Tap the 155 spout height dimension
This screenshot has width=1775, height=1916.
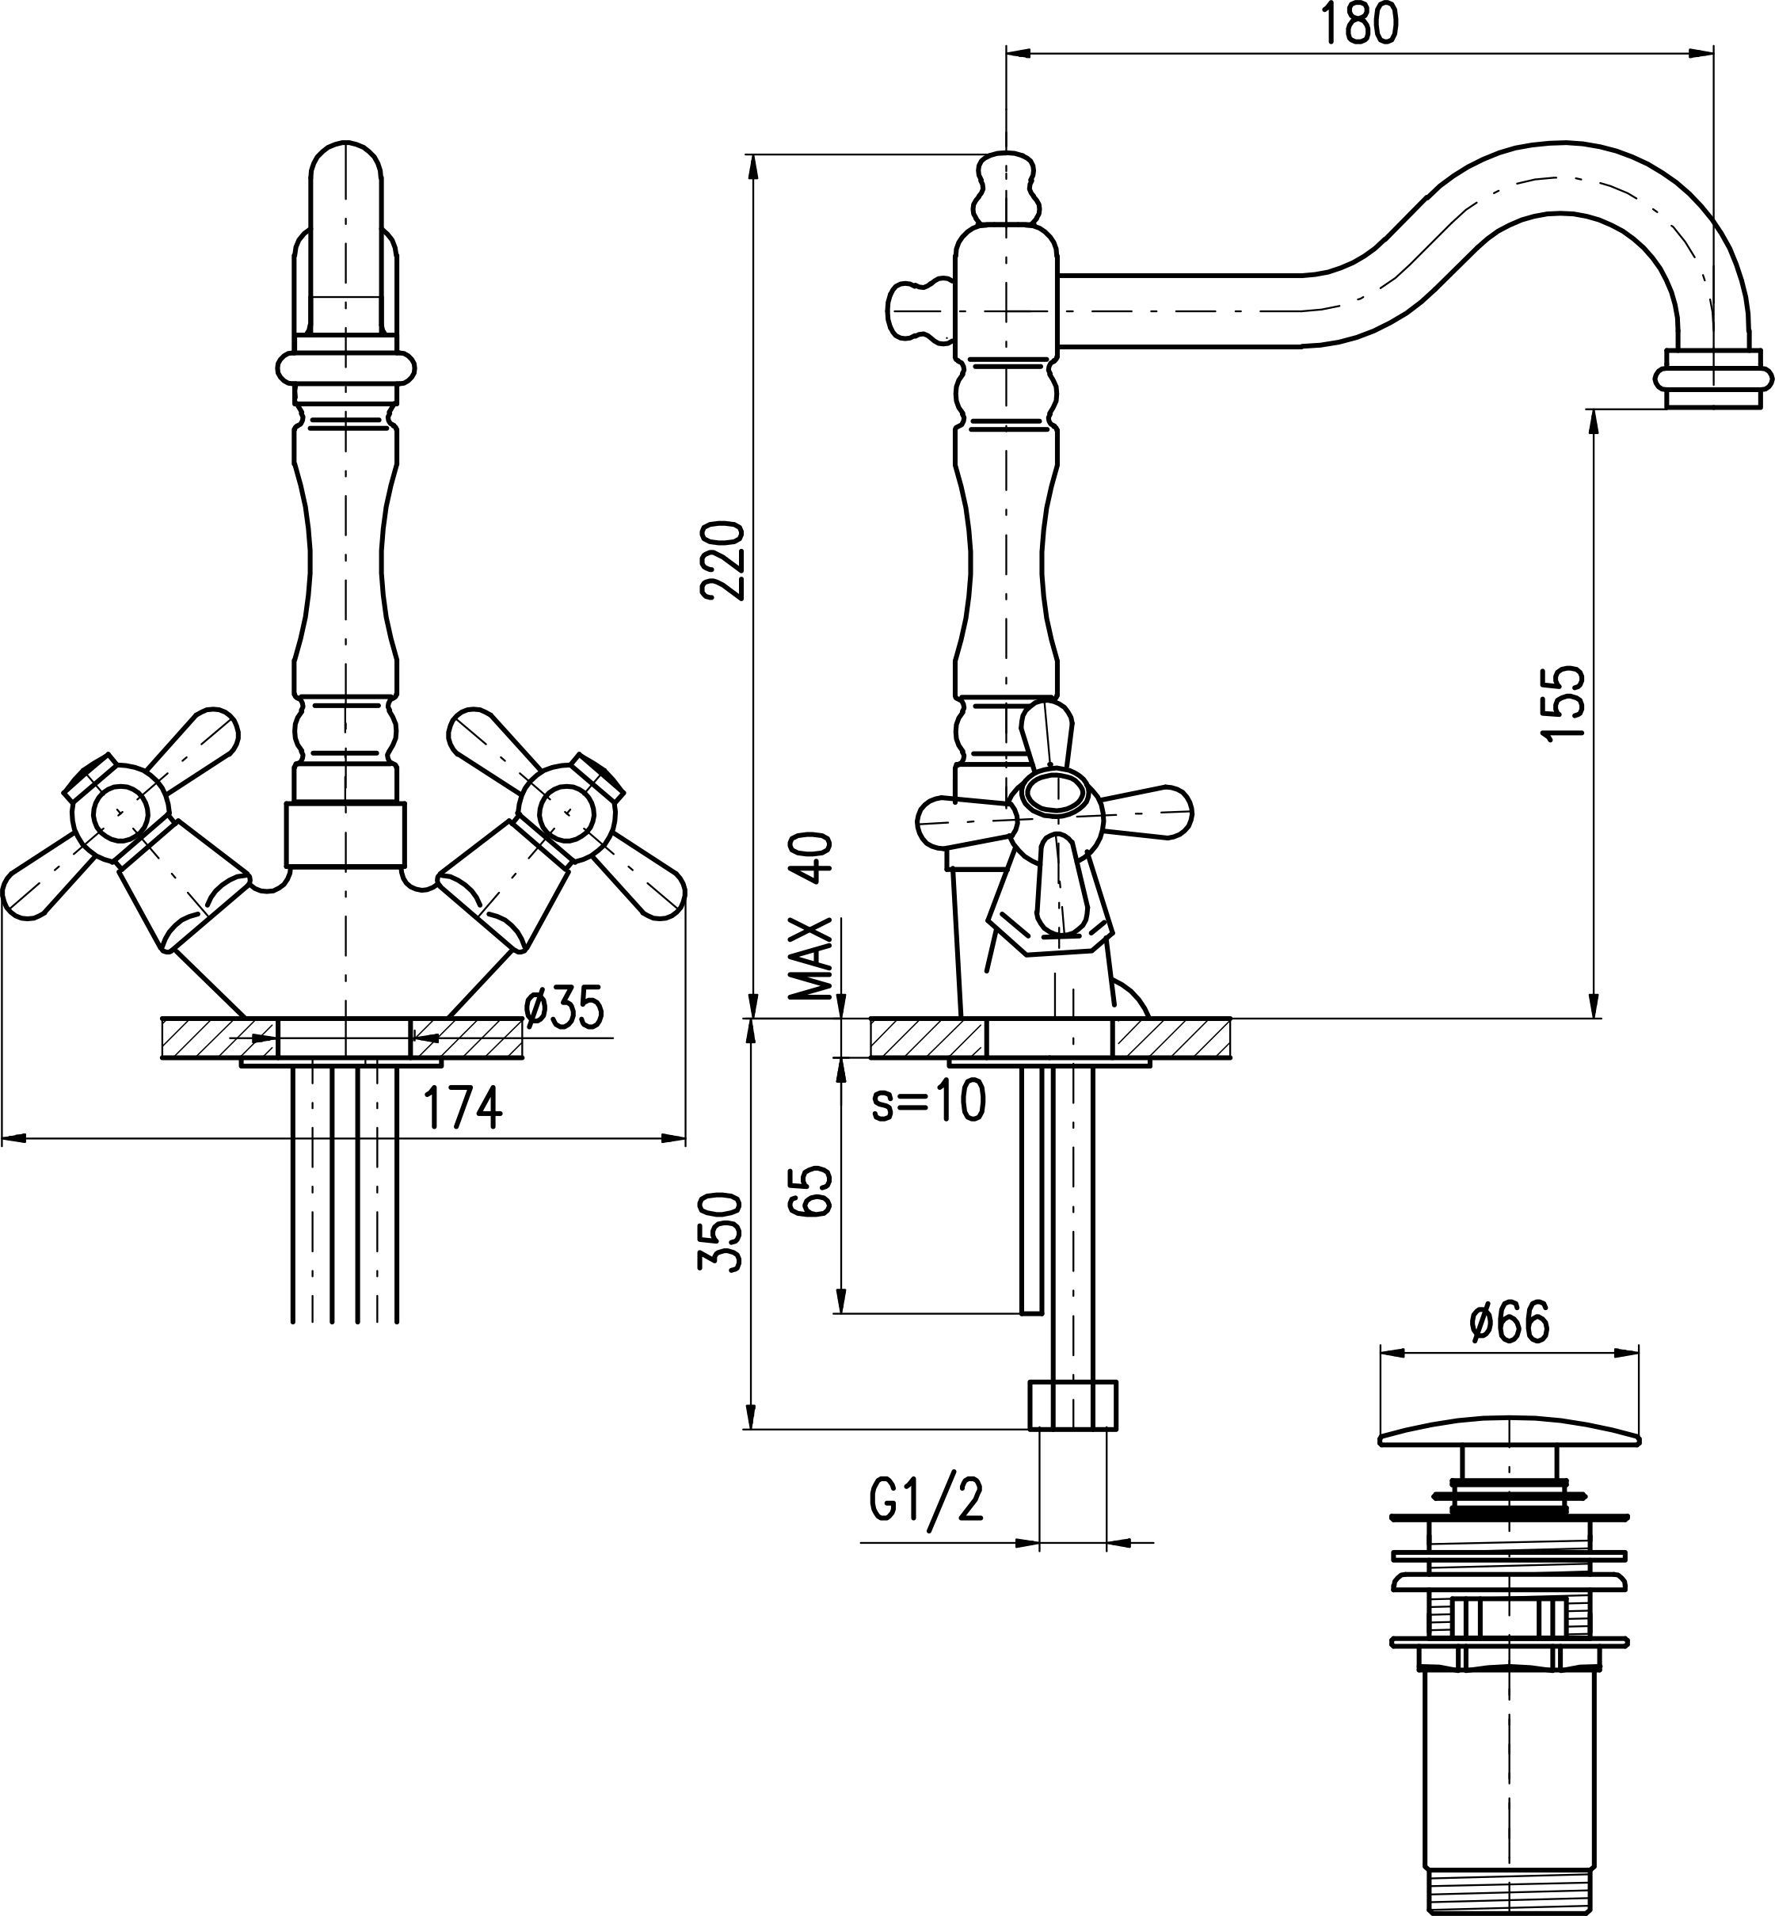(1561, 702)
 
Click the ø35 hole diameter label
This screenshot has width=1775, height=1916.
(565, 1008)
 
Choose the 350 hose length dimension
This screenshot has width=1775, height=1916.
(723, 1233)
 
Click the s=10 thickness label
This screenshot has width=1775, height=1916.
(927, 1103)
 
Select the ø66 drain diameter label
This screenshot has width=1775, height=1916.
(1509, 1324)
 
